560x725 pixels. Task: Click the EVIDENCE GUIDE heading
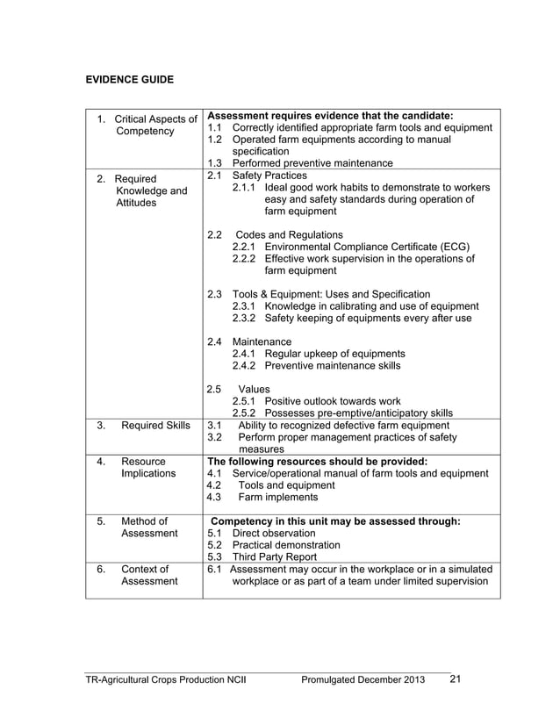pos(129,80)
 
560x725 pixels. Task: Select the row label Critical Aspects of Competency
pos(147,126)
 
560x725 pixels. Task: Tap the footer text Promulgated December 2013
pos(363,680)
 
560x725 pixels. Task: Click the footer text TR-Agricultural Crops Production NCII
pos(176,680)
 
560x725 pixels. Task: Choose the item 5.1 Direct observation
pos(273,533)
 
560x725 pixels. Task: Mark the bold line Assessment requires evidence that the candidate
pos(329,115)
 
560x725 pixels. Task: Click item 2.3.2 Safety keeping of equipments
pos(368,318)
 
